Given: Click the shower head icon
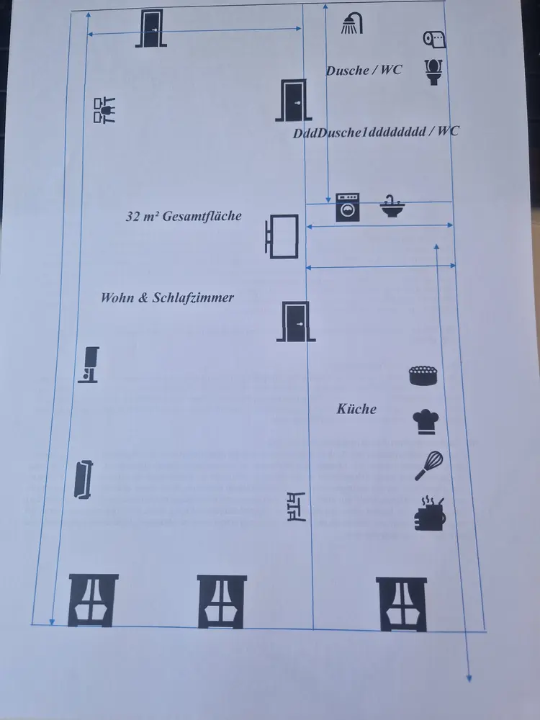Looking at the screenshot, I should (x=351, y=24).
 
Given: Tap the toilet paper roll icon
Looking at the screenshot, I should (x=434, y=39).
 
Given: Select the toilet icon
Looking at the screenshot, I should (x=433, y=71).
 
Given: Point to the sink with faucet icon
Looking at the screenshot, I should (x=392, y=207).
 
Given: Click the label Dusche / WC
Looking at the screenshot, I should (x=364, y=71).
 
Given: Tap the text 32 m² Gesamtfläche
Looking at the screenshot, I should (x=184, y=216).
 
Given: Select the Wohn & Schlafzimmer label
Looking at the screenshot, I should (x=167, y=297).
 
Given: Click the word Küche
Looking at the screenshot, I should (x=356, y=409).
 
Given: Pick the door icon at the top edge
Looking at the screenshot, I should (x=151, y=30).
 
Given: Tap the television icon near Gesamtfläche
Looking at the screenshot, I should (x=282, y=235).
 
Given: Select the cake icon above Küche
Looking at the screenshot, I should (x=424, y=375).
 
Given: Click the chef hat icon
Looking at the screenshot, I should (x=426, y=421).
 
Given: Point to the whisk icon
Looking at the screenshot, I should (x=428, y=466).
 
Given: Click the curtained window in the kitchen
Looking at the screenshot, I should (x=401, y=604).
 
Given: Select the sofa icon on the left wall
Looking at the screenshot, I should (x=84, y=479).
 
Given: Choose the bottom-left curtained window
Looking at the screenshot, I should (x=93, y=600).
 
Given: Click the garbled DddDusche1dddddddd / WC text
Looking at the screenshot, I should (x=376, y=132).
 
